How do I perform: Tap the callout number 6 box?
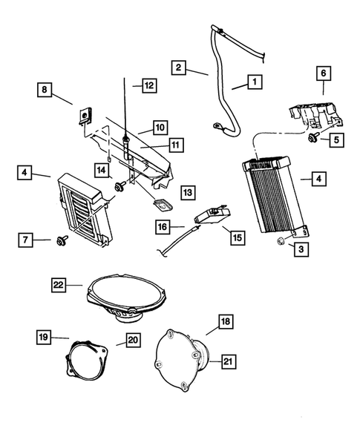coord(323,74)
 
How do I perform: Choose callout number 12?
coord(148,86)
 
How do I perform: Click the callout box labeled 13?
coord(189,192)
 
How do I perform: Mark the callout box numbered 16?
coord(160,226)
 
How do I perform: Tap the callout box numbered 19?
coord(44,338)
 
